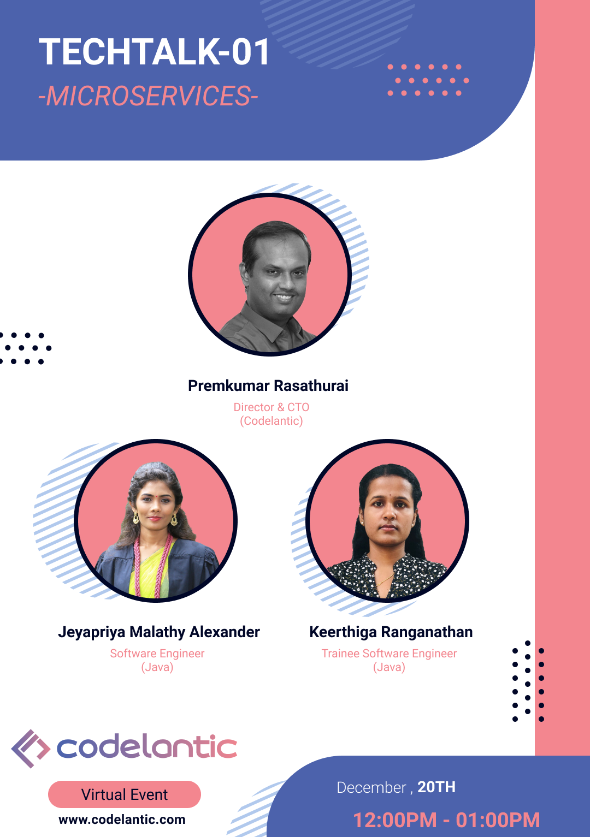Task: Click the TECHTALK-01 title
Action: (x=154, y=52)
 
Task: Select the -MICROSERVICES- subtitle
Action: (x=148, y=96)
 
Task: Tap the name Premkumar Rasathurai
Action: (x=268, y=385)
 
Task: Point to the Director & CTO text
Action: (x=272, y=407)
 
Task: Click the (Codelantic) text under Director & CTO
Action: (x=272, y=421)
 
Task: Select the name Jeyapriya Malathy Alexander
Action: (x=159, y=632)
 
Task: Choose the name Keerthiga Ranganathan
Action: (x=391, y=632)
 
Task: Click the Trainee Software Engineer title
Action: (x=389, y=654)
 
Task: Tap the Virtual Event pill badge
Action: (x=125, y=794)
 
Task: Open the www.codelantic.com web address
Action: (x=122, y=820)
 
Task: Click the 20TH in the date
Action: (x=436, y=787)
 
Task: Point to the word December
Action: (x=371, y=787)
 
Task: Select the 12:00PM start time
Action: (x=395, y=820)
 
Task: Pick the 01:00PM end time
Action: (x=498, y=820)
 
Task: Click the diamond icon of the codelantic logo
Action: (x=31, y=749)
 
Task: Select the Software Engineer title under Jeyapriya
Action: (x=157, y=654)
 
